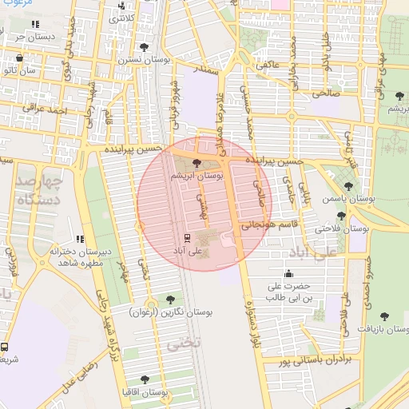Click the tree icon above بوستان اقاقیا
pos(144,379)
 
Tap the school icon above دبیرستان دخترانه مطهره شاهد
pos(79,238)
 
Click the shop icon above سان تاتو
pos(20,58)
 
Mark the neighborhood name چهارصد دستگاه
pos(37,190)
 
